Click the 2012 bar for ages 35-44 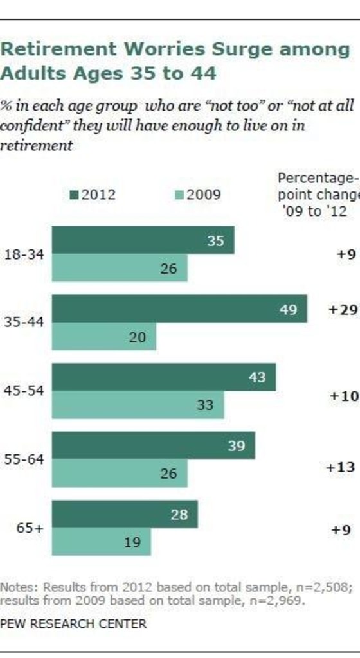179,308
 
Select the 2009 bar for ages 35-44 104,337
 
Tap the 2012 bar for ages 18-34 143,240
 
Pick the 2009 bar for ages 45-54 138,405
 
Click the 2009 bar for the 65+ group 101,542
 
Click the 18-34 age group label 24,254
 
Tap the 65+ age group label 30,528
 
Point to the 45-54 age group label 24,392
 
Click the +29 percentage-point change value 342,310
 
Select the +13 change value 341,467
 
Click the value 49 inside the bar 289,310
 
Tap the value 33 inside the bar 205,406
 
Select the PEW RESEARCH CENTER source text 73,623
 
